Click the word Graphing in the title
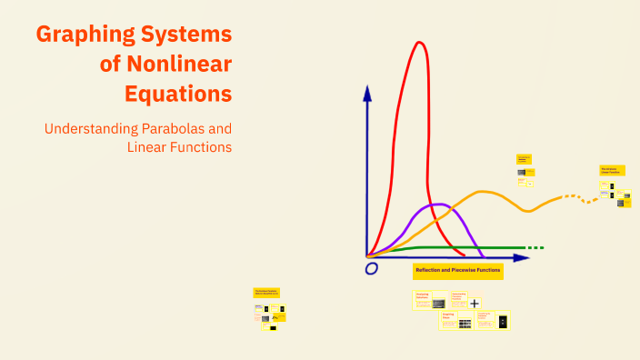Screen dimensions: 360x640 tap(86, 36)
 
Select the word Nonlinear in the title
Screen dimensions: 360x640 tap(183, 65)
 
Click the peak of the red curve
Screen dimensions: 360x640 tap(419, 43)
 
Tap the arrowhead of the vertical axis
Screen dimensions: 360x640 tap(367, 91)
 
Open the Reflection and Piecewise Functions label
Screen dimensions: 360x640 tap(457, 271)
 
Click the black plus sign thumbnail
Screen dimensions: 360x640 tap(475, 303)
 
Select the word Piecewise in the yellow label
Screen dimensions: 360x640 tap(463, 271)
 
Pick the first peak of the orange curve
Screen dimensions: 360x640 tap(484, 192)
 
